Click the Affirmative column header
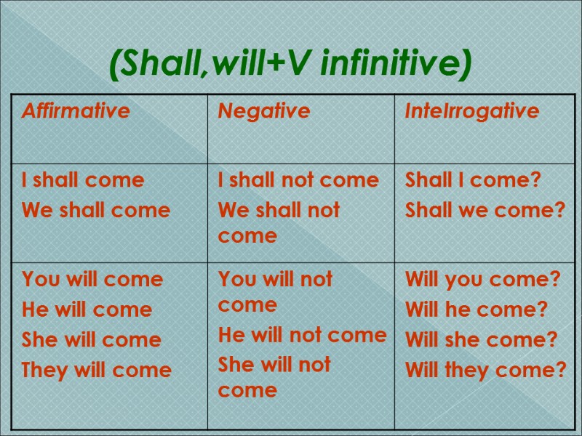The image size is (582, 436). coord(76,111)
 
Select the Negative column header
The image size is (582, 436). coord(264,111)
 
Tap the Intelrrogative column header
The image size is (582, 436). coord(472,111)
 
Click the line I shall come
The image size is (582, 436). coord(83,180)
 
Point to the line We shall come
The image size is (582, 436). coord(96,211)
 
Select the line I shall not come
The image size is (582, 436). coord(298,180)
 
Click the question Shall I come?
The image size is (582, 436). coord(473,180)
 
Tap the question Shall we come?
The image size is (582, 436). coord(485,211)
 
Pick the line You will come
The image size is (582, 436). coord(92,279)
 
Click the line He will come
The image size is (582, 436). coord(87,310)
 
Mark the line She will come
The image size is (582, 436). coord(92,340)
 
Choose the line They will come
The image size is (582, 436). coord(97,370)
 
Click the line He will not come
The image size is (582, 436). coord(302,335)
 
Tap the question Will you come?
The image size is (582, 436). coord(482,279)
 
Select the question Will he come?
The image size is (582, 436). coord(476,310)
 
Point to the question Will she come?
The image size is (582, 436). coord(481,340)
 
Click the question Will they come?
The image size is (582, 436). coord(485,370)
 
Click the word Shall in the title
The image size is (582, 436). coord(159,66)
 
